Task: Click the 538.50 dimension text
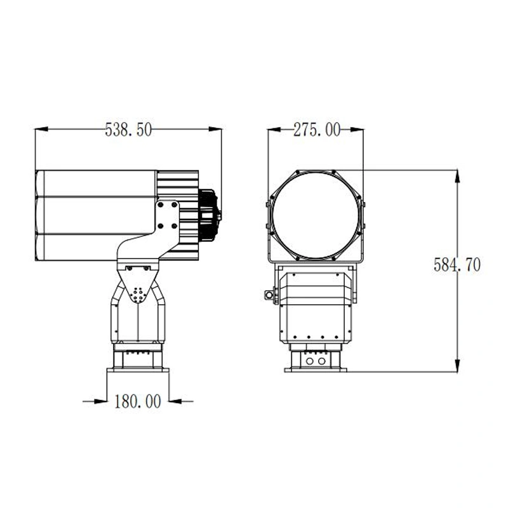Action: pyautogui.click(x=128, y=130)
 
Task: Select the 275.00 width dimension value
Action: pyautogui.click(x=316, y=130)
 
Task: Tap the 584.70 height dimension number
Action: pyautogui.click(x=457, y=265)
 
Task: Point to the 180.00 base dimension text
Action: pyautogui.click(x=138, y=401)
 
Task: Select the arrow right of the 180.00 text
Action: pyautogui.click(x=180, y=401)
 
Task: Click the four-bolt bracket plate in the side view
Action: pyautogui.click(x=168, y=216)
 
